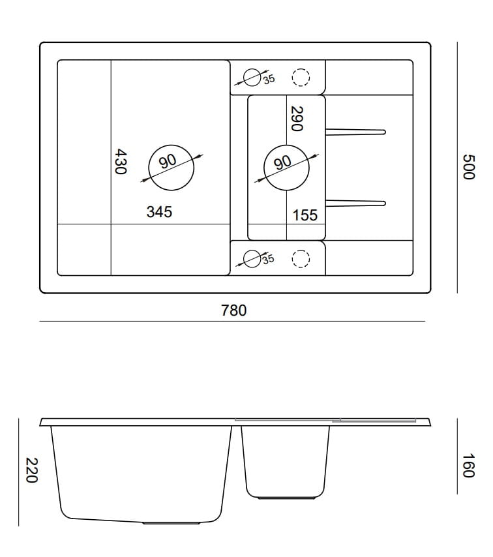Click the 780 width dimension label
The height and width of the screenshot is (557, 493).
233,310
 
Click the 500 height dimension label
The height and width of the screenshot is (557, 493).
468,167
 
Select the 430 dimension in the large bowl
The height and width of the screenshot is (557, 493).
121,162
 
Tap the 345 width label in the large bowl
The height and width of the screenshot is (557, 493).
159,212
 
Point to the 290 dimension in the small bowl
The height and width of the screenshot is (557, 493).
297,119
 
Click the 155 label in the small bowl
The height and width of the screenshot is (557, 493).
305,215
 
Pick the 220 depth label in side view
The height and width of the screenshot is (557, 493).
31,470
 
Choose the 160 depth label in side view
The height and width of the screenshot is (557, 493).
468,466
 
